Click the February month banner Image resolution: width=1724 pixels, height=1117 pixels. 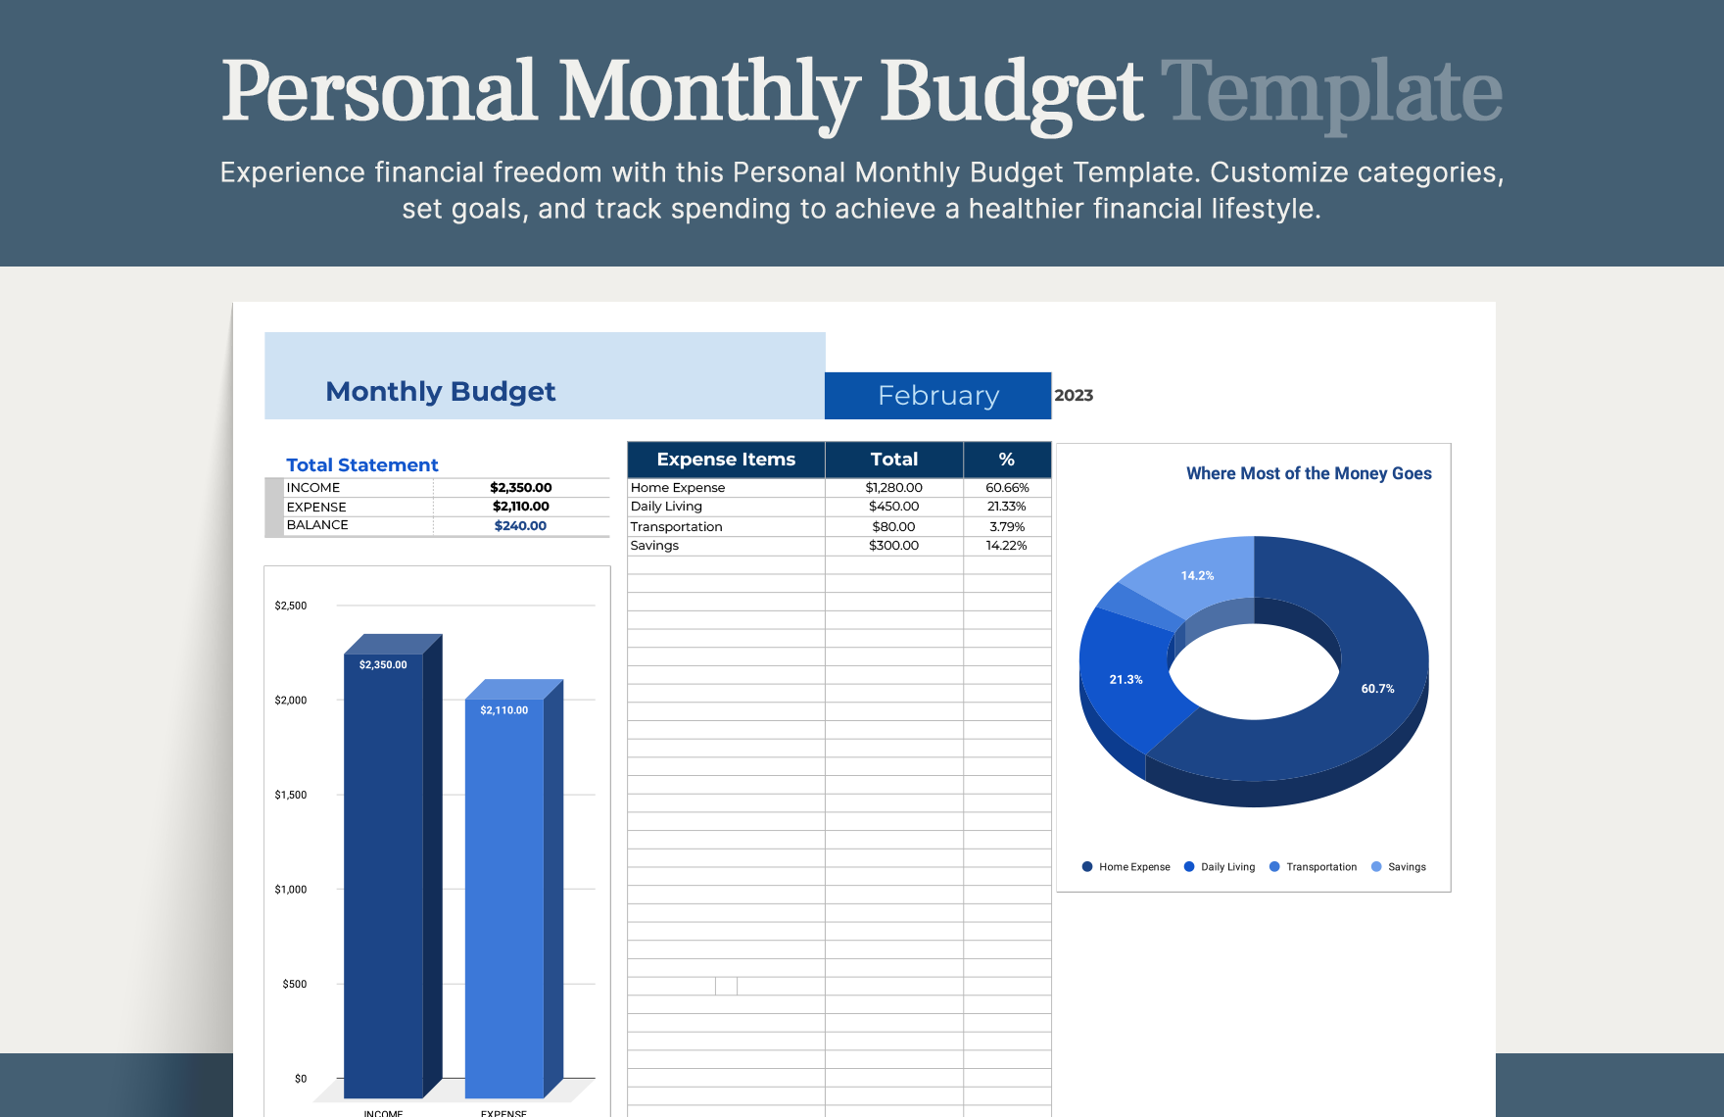coord(937,396)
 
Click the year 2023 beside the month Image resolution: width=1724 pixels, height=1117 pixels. coord(1074,396)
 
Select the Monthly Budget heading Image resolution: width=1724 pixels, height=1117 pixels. coord(440,392)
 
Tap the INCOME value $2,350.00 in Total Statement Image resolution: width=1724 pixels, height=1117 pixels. coord(520,488)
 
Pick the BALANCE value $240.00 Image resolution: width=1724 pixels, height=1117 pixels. coord(520,526)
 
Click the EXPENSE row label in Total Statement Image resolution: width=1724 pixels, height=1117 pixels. coord(316,508)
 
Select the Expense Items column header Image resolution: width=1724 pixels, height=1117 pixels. coord(726,460)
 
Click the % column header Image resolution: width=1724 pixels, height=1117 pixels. coord(1006,460)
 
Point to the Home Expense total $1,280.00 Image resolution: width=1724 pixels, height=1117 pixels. coord(893,488)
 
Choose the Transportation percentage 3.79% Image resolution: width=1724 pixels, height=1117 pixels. coord(1007,527)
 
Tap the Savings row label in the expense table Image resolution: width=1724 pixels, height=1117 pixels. coord(654,546)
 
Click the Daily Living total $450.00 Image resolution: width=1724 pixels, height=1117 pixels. coord(893,507)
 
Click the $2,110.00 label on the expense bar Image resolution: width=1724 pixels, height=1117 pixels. coord(503,710)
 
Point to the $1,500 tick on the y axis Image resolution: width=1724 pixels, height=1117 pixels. coord(291,795)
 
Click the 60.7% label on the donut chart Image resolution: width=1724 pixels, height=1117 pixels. coord(1377,689)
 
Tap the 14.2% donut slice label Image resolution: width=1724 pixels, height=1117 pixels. coord(1197,576)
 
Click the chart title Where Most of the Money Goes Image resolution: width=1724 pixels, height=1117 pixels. coord(1309,474)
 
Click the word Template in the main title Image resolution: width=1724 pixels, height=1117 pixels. coord(1331,92)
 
